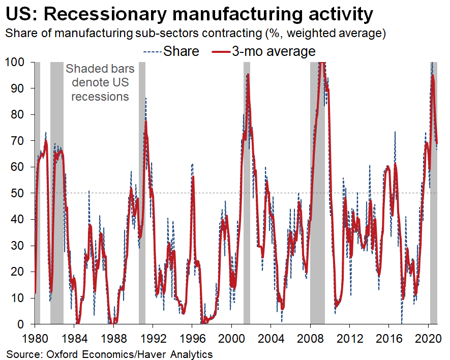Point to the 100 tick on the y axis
pos(15,62)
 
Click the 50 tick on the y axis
pos(18,193)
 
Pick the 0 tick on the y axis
pos(21,324)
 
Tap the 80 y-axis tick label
pos(18,114)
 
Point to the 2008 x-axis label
pos(310,337)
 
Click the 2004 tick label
pos(271,337)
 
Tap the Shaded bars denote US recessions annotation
pos(100,82)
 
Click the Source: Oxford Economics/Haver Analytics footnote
pos(109,353)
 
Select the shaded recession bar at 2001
pos(247,203)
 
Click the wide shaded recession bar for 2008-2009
pos(317,203)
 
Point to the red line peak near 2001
pos(248,75)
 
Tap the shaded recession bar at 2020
pos(434,203)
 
